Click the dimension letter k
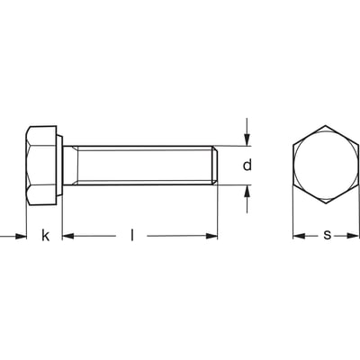[45, 237]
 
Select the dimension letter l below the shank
[132, 236]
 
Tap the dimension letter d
[248, 166]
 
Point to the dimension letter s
[327, 236]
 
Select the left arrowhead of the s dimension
[299, 237]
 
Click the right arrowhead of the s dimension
[355, 237]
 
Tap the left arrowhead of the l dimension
[67, 237]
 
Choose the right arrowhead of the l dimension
[212, 237]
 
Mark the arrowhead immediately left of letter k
[22, 237]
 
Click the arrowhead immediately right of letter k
[67, 237]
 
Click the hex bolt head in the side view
[41, 166]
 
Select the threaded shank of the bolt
[139, 166]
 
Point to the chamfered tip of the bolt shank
[216, 166]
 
